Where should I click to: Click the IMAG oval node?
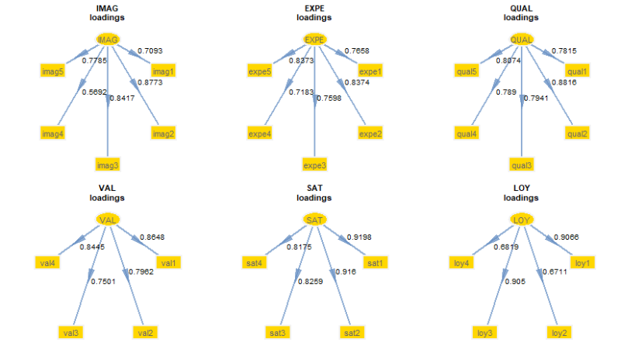click(108, 39)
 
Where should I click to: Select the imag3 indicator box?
click(108, 164)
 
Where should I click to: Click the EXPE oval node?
click(314, 39)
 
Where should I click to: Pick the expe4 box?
click(260, 133)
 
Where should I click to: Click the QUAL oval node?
click(522, 39)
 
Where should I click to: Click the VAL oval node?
click(108, 220)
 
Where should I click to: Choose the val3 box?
click(70, 332)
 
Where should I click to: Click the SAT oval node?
click(314, 220)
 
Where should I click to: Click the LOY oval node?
click(522, 220)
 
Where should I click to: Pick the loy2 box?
click(559, 332)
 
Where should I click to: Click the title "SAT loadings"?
click(314, 193)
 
